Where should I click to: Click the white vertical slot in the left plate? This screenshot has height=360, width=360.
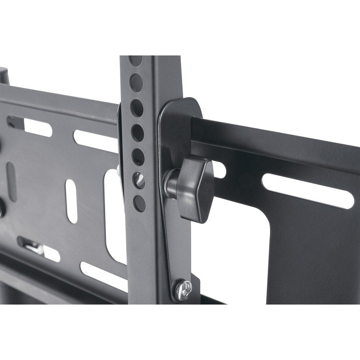[72, 201]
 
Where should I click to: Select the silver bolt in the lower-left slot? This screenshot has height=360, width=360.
[34, 248]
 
